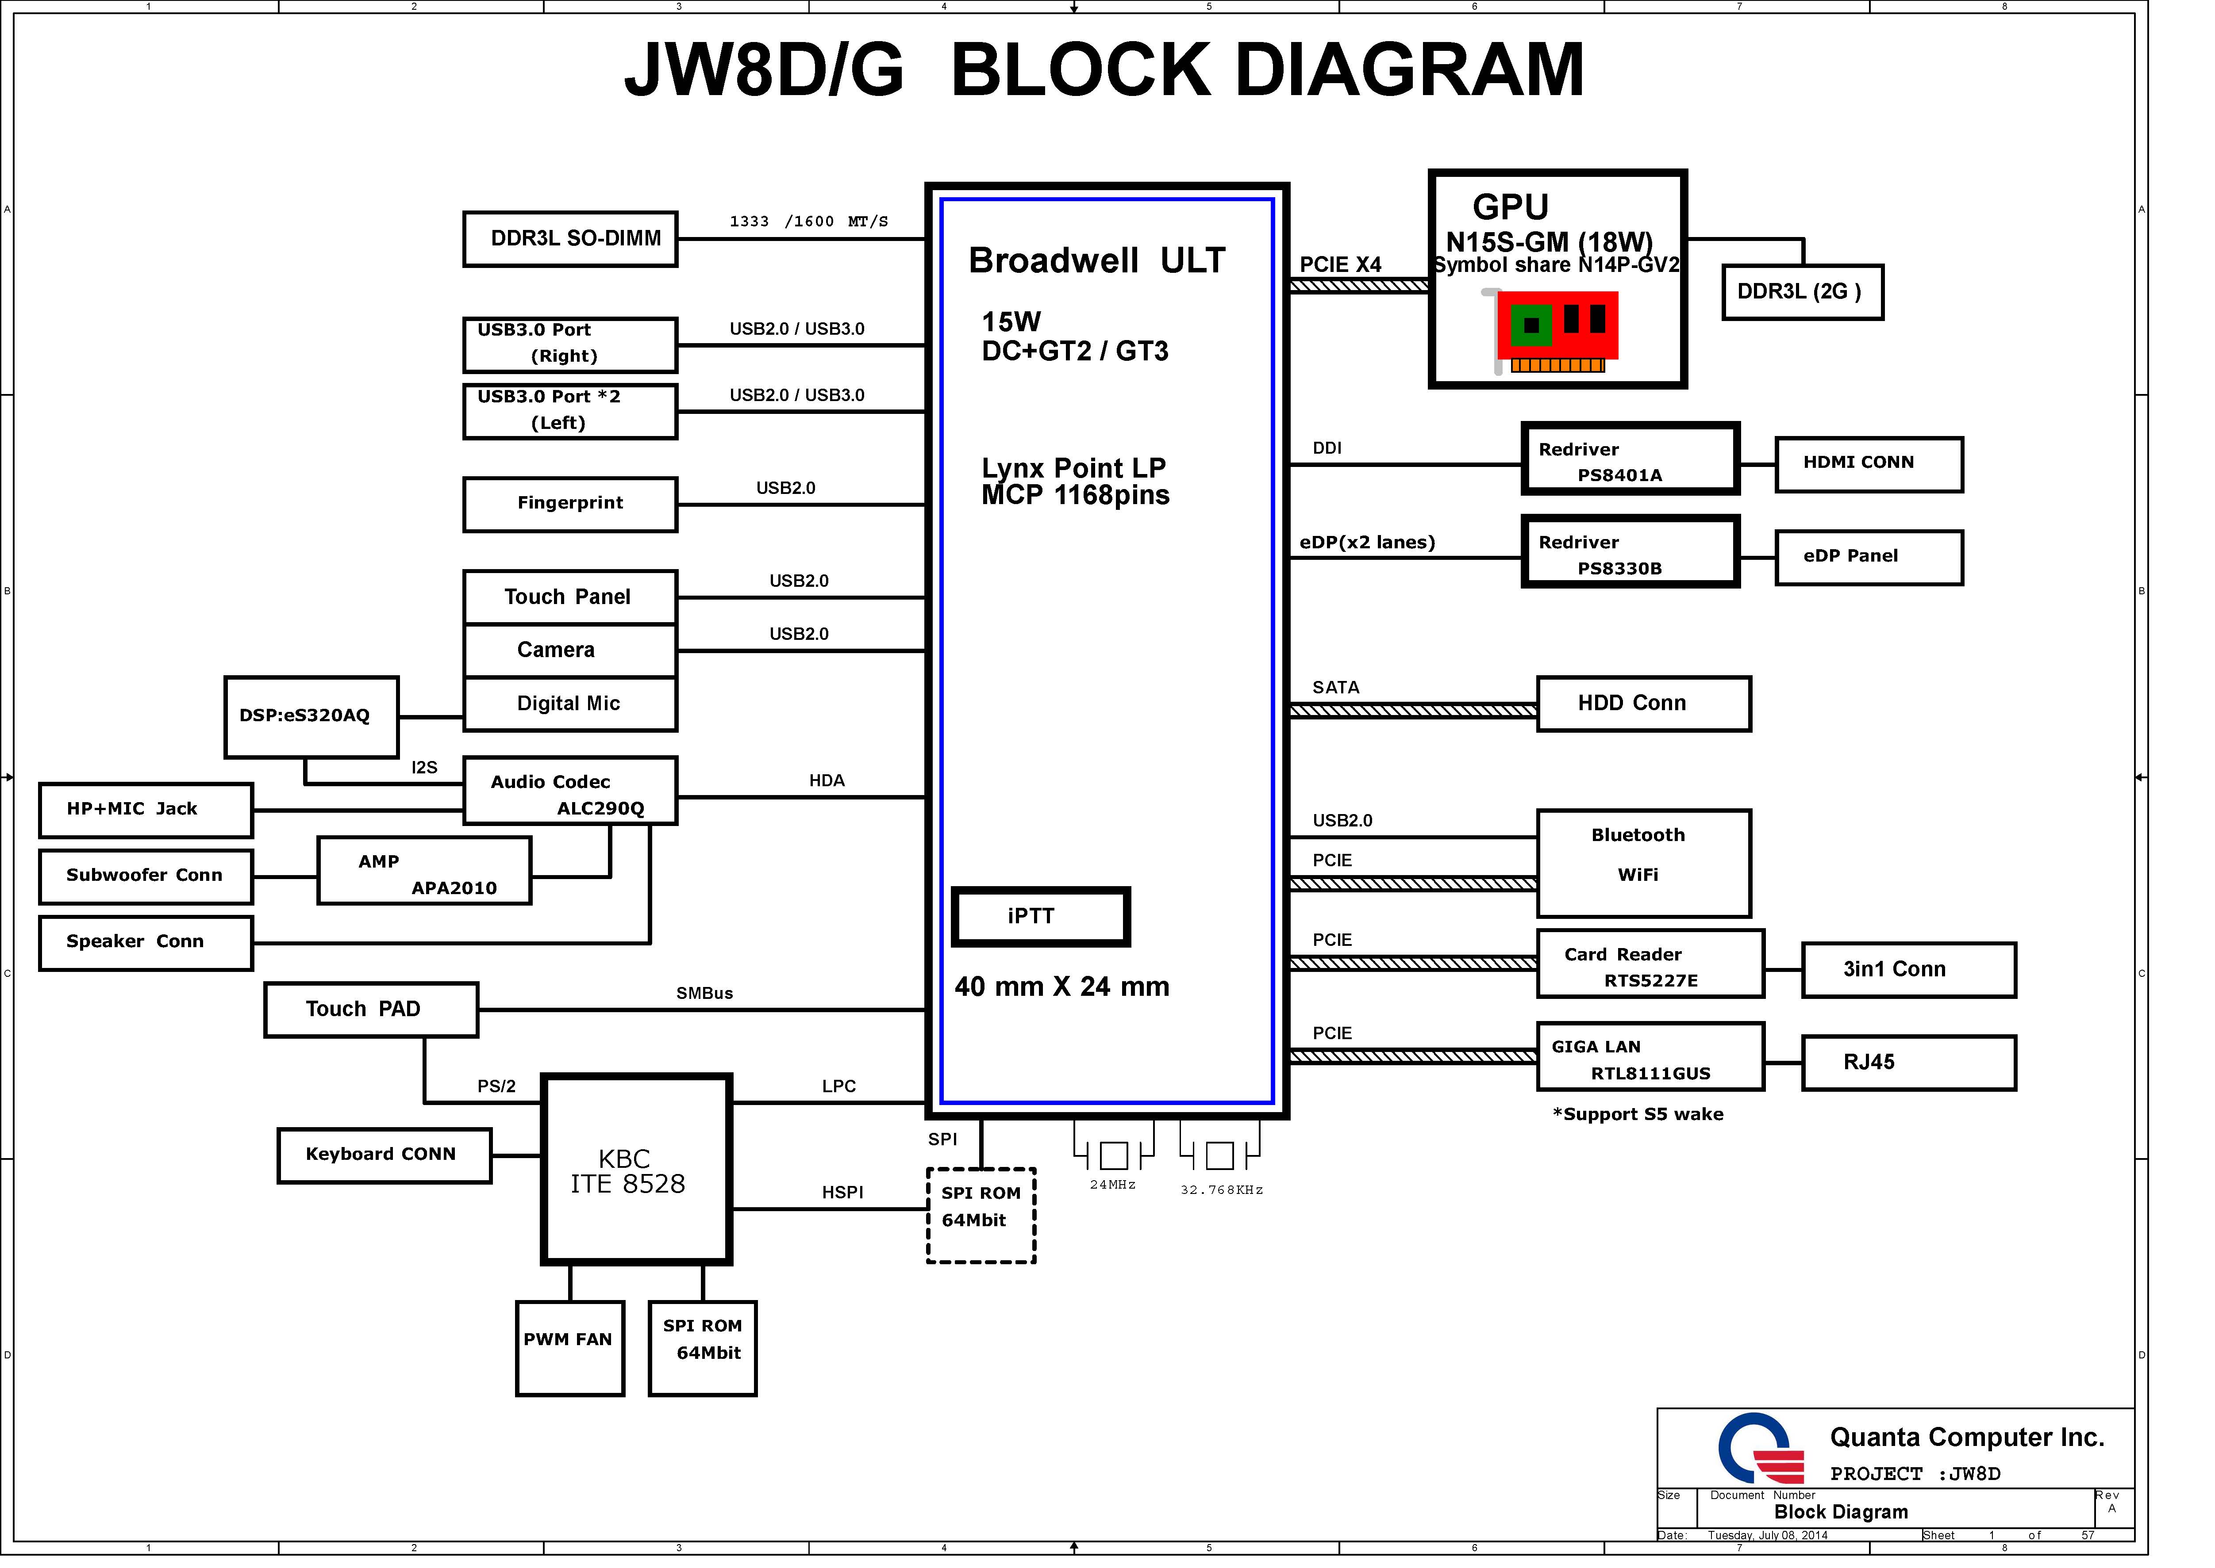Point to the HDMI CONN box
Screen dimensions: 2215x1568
(x=1869, y=464)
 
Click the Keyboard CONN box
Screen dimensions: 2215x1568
(x=385, y=1156)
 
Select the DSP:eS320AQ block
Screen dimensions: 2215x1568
(x=311, y=717)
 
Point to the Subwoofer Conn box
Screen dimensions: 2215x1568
(x=146, y=877)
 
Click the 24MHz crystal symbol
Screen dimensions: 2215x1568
(x=1114, y=1155)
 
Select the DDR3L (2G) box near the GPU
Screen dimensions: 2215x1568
(x=1803, y=293)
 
